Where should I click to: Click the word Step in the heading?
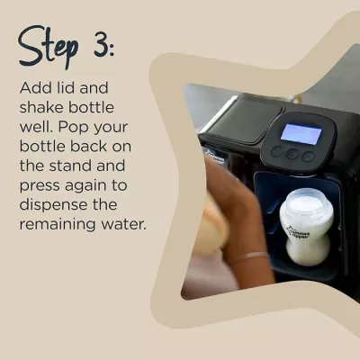click(x=53, y=46)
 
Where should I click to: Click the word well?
click(x=37, y=126)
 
